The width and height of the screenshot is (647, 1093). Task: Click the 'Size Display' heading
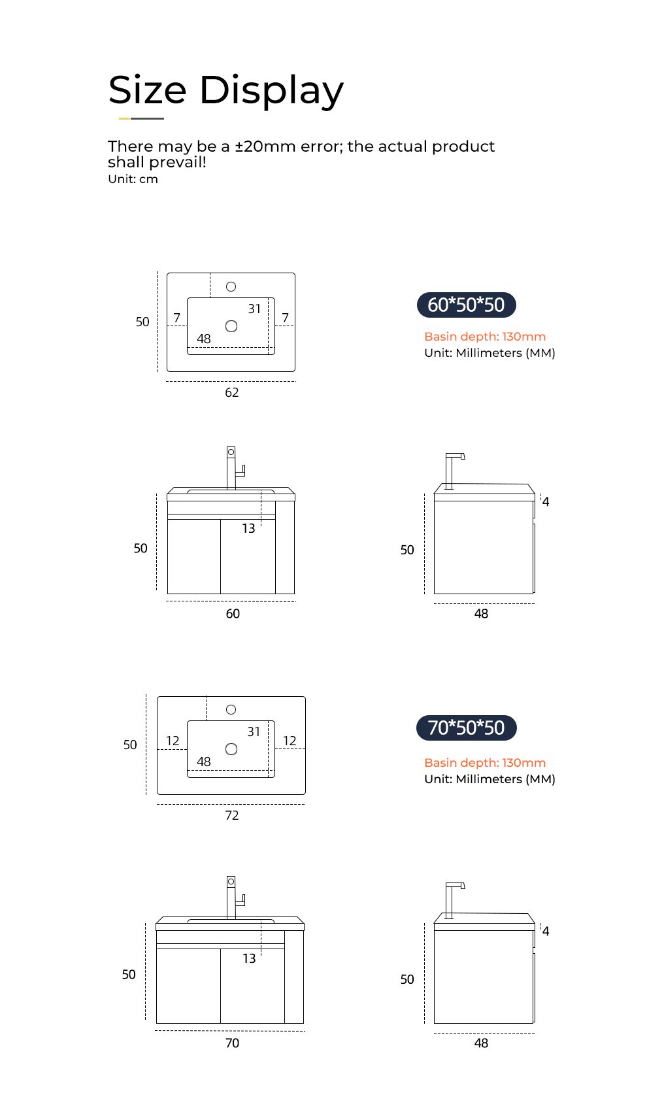(226, 91)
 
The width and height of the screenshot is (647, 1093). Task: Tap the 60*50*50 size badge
(466, 305)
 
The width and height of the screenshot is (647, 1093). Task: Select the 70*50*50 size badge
(466, 728)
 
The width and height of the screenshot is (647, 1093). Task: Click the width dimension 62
(232, 392)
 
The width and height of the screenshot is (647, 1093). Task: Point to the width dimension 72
(232, 815)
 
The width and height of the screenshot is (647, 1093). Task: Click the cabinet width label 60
(233, 613)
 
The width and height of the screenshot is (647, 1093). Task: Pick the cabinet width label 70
(232, 1043)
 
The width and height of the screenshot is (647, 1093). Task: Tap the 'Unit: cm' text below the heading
(133, 179)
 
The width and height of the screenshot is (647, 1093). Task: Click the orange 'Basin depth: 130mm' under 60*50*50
(485, 337)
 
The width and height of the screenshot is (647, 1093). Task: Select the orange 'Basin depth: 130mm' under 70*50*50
(485, 763)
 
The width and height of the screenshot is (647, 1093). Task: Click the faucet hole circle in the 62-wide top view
(231, 287)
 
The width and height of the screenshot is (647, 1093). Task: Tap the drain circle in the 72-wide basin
(231, 749)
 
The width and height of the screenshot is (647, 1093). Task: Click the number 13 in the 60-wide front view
(248, 528)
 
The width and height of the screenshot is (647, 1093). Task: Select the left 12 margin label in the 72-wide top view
(173, 741)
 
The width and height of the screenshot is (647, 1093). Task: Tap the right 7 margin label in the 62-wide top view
(286, 318)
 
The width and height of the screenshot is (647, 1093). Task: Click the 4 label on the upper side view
(546, 501)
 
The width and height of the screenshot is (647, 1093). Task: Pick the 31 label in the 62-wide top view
(254, 309)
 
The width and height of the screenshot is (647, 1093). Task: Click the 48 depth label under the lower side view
(481, 1043)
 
